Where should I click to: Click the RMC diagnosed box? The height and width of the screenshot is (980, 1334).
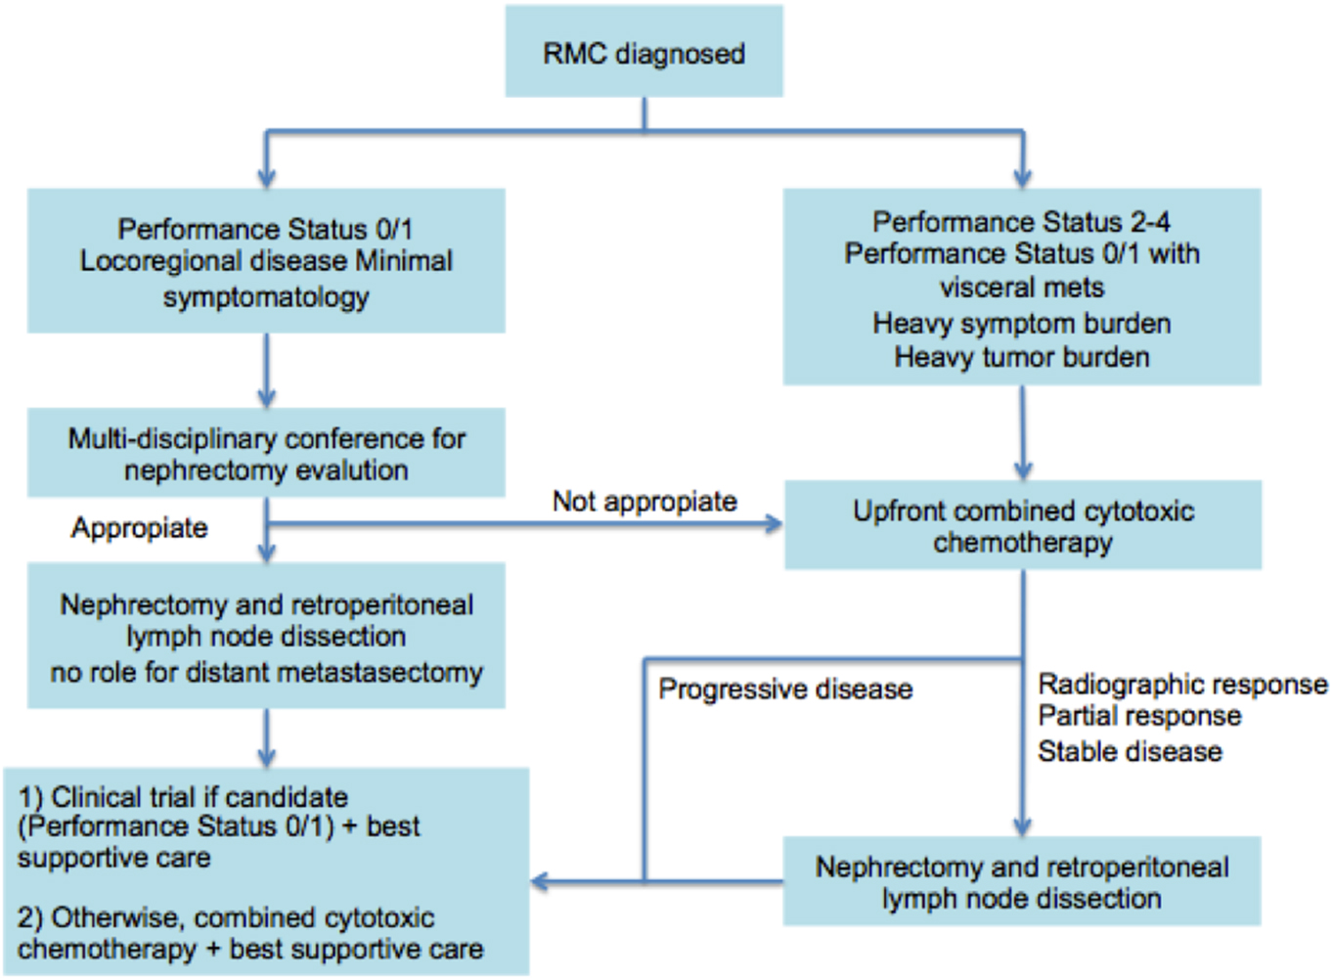pyautogui.click(x=644, y=52)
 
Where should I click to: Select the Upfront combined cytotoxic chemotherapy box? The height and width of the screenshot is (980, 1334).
pyautogui.click(x=1023, y=525)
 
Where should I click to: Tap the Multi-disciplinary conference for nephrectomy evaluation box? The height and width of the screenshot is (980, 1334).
pyautogui.click(x=266, y=453)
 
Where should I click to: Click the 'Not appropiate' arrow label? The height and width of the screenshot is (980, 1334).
pyautogui.click(x=645, y=501)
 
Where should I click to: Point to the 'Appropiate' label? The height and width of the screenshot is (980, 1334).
pyautogui.click(x=140, y=528)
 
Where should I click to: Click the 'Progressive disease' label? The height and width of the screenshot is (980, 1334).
pyautogui.click(x=785, y=690)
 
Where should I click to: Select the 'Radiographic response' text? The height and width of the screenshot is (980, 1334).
pyautogui.click(x=1182, y=684)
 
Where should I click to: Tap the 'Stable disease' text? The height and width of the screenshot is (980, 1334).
pyautogui.click(x=1130, y=751)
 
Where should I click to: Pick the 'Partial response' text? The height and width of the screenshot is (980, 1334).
pyautogui.click(x=1139, y=716)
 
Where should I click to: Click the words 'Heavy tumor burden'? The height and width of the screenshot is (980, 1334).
pyautogui.click(x=1022, y=357)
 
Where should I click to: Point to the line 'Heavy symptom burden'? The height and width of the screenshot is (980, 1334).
pyautogui.click(x=1022, y=323)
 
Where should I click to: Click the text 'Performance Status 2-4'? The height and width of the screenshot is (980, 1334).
pyautogui.click(x=1022, y=221)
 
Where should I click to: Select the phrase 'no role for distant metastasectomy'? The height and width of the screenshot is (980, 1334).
pyautogui.click(x=266, y=673)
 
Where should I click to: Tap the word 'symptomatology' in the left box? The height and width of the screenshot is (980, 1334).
pyautogui.click(x=266, y=296)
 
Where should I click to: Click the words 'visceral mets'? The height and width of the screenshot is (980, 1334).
pyautogui.click(x=1022, y=288)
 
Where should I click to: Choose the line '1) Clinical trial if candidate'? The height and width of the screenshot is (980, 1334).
pyautogui.click(x=183, y=796)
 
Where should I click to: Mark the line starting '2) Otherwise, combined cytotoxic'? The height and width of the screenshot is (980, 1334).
pyautogui.click(x=226, y=917)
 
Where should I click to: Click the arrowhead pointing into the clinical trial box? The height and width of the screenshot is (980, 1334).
pyautogui.click(x=539, y=882)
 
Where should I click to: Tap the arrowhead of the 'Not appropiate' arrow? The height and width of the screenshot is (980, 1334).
pyautogui.click(x=775, y=524)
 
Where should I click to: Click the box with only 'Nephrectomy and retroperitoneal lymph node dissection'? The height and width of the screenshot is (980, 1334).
pyautogui.click(x=1022, y=881)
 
